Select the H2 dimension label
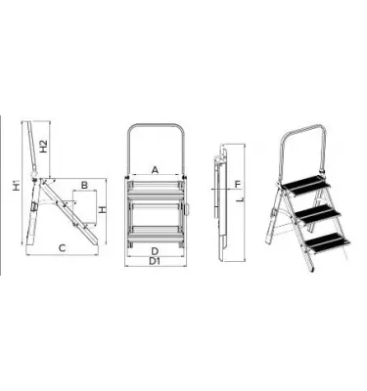44,146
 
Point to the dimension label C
62,247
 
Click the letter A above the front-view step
156,169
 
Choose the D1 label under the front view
155,261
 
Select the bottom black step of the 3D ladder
325,240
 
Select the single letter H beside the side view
103,210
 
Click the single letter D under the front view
155,250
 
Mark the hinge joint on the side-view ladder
40,181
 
